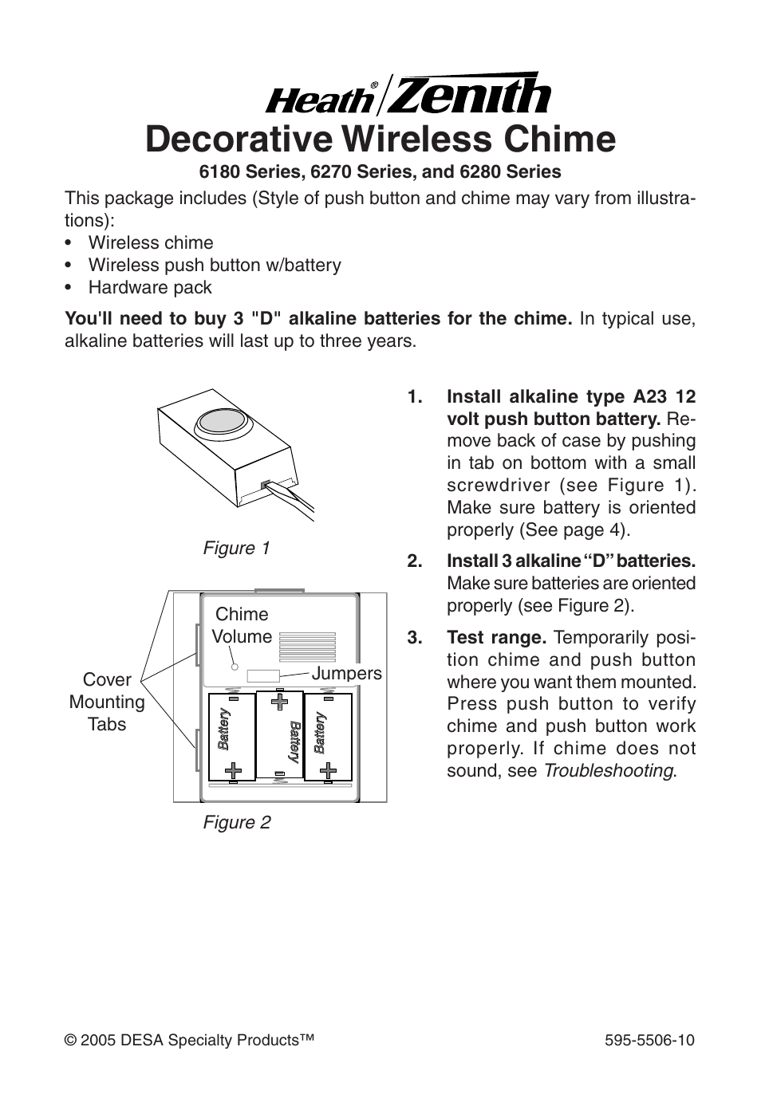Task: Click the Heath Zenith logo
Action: click(x=407, y=95)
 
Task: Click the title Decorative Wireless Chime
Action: click(x=380, y=139)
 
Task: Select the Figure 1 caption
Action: click(x=236, y=549)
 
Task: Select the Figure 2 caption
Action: click(x=236, y=823)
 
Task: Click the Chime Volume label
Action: click(x=242, y=625)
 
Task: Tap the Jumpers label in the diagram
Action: click(x=346, y=674)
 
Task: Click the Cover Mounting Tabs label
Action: click(x=107, y=702)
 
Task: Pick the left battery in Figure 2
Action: click(x=231, y=736)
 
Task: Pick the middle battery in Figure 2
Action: click(x=279, y=734)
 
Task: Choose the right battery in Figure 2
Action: click(x=328, y=736)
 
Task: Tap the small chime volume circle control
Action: click(x=235, y=667)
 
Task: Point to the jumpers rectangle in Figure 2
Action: click(x=263, y=676)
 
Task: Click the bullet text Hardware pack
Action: click(x=150, y=288)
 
